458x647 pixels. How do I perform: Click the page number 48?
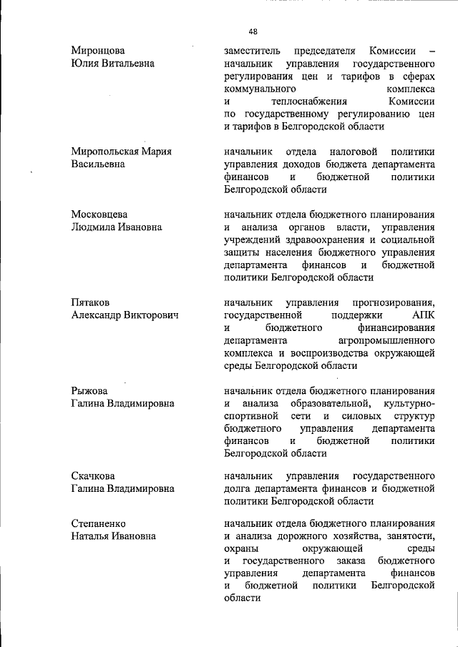(x=253, y=31)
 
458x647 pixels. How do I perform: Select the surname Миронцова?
(x=98, y=51)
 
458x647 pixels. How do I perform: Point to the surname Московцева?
(x=99, y=214)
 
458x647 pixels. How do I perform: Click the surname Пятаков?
(x=91, y=302)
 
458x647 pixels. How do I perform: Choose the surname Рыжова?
(x=89, y=390)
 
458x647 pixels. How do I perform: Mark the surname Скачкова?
(x=94, y=475)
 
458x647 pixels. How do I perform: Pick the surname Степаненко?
(x=100, y=522)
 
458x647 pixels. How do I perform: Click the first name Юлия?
(x=85, y=64)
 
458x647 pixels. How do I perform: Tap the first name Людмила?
(x=95, y=227)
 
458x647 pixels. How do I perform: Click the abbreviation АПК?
(x=424, y=315)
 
